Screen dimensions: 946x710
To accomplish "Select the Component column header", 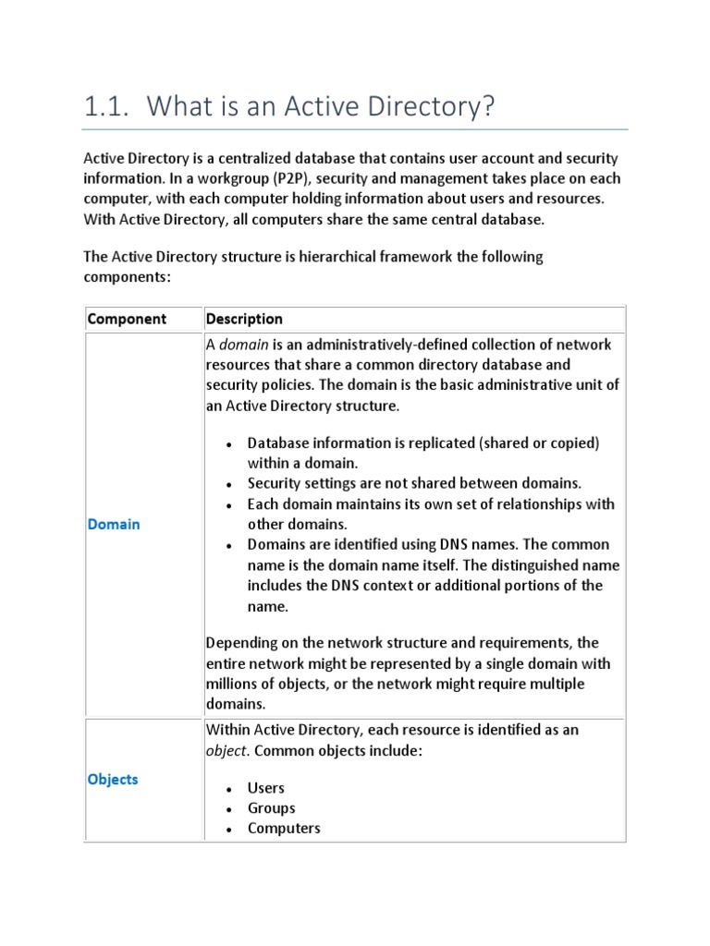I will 127,319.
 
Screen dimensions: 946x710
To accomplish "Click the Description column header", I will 244,319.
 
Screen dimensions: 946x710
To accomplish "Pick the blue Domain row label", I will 114,524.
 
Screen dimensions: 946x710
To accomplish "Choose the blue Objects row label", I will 113,779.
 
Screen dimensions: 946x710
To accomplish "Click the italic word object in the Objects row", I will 227,751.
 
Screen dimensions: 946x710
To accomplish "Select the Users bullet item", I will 266,788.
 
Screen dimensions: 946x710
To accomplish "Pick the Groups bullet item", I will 271,808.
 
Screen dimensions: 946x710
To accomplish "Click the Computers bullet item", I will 284,829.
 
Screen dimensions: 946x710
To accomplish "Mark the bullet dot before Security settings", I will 228,484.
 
